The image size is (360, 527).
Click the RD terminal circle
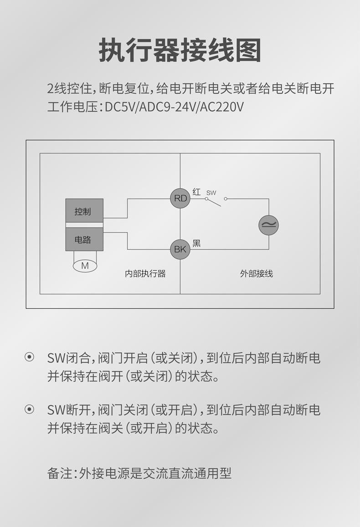coord(180,199)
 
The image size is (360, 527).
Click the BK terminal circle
coord(180,249)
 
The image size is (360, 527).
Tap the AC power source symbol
coord(268,225)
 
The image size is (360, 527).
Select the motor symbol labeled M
coord(85,266)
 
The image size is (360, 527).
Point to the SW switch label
coord(211,193)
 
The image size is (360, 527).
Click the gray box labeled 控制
coord(84,211)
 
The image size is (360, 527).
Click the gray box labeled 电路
coord(84,240)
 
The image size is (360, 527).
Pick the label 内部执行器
coord(145,274)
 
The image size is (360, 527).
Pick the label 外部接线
coord(257,274)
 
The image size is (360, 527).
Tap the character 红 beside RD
coord(196,192)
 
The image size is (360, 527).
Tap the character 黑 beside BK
coord(196,244)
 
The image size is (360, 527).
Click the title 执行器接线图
coord(180,51)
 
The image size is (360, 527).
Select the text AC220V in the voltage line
coord(222,107)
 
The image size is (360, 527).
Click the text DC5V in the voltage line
coord(120,107)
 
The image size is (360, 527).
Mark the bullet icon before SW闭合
coord(29,358)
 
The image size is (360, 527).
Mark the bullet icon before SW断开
coord(29,409)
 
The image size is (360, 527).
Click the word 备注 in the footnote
coord(60,473)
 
